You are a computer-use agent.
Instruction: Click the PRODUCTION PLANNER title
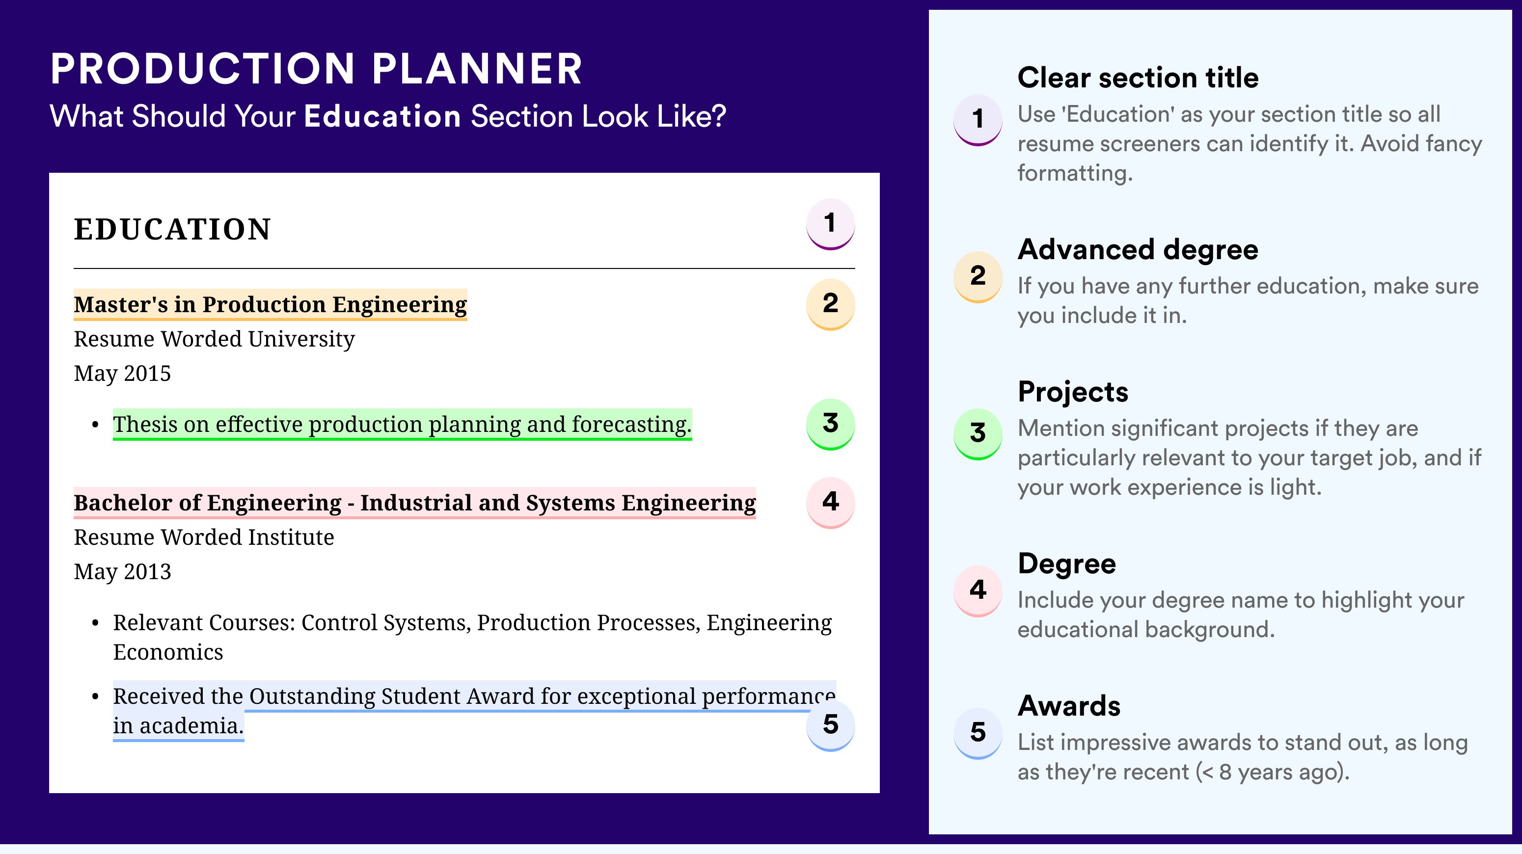[x=317, y=69]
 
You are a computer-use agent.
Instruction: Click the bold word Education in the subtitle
[x=382, y=116]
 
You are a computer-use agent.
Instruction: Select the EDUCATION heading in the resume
[x=172, y=229]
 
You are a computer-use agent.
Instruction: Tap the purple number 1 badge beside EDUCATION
[x=830, y=224]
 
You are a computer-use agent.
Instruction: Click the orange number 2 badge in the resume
[x=830, y=304]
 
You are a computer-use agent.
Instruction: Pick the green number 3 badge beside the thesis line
[x=830, y=424]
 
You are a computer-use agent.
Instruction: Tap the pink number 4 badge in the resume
[x=830, y=503]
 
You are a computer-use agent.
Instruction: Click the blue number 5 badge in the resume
[x=830, y=725]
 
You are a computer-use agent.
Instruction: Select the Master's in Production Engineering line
[x=270, y=305]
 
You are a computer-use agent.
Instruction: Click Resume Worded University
[x=214, y=339]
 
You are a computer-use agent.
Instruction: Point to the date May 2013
[x=122, y=572]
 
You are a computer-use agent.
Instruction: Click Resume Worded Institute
[x=204, y=537]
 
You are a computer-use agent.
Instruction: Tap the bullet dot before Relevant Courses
[x=95, y=624]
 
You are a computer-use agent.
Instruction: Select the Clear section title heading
[x=1138, y=78]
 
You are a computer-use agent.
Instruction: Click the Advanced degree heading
[x=1138, y=250]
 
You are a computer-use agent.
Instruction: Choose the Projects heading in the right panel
[x=1073, y=392]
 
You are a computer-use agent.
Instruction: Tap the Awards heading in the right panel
[x=1069, y=706]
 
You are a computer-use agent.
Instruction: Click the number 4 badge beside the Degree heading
[x=978, y=590]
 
